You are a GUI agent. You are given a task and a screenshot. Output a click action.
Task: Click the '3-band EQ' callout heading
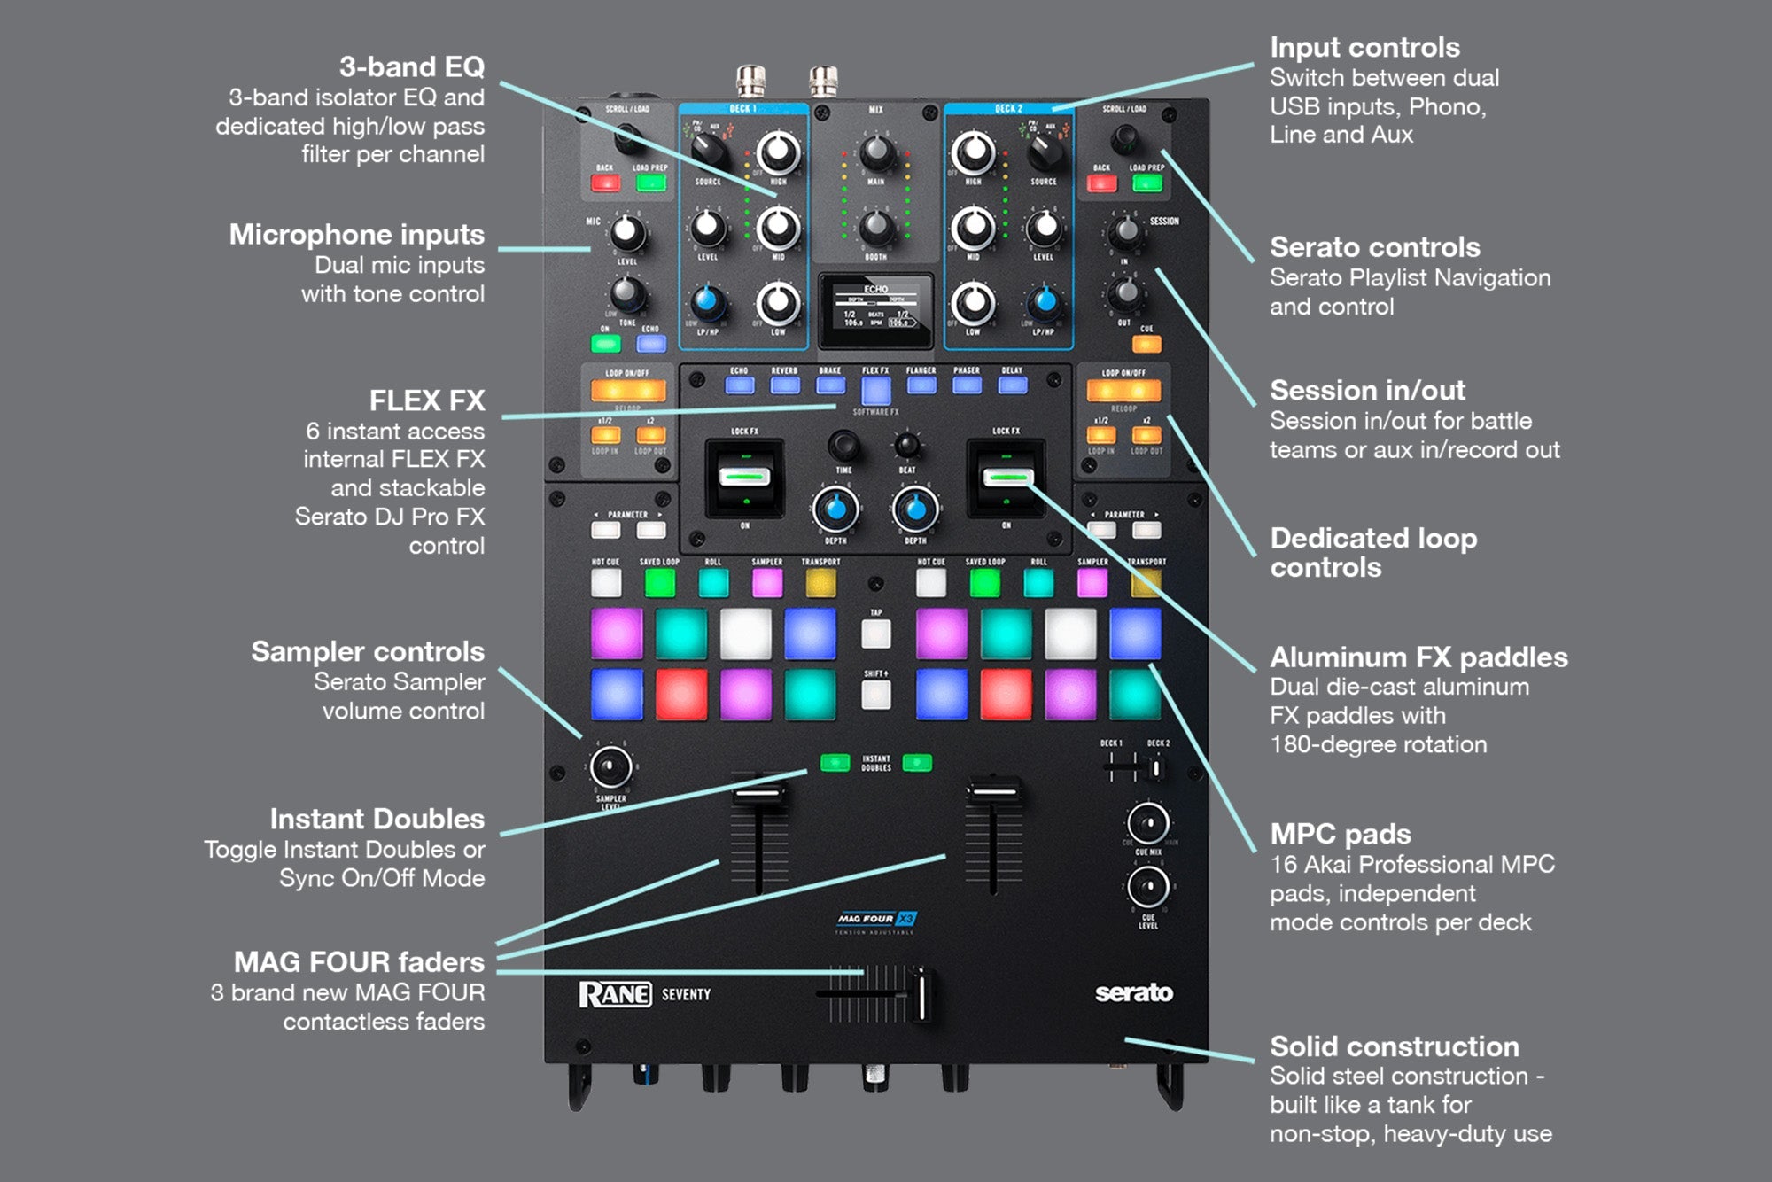[x=411, y=66]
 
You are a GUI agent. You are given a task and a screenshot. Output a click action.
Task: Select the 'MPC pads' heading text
[x=1340, y=834]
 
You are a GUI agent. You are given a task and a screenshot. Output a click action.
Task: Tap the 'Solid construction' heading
[x=1394, y=1046]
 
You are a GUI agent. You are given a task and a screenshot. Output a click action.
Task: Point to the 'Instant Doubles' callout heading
[x=377, y=819]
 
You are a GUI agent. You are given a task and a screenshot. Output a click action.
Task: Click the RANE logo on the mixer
[x=615, y=994]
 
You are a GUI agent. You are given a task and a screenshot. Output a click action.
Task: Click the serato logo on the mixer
[x=1133, y=993]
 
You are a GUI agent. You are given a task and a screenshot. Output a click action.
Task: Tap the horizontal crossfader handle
[x=921, y=995]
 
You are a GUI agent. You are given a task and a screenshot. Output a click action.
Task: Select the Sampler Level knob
[x=610, y=767]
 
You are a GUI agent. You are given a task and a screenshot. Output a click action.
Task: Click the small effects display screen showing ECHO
[x=875, y=310]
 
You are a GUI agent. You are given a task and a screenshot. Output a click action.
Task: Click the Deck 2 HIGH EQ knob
[x=973, y=153]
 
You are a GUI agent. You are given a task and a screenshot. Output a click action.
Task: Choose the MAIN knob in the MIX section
[x=876, y=153]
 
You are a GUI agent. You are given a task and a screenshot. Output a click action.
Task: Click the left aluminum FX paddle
[x=744, y=478]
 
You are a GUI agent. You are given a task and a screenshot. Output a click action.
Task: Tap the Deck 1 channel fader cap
[x=759, y=792]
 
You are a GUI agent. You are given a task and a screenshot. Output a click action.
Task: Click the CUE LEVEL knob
[x=1148, y=886]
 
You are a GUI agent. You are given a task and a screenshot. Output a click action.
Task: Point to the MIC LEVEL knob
[x=627, y=233]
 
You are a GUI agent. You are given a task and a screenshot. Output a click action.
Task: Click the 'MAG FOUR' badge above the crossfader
[x=876, y=919]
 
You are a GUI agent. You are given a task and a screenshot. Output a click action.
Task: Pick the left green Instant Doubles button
[x=835, y=763]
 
